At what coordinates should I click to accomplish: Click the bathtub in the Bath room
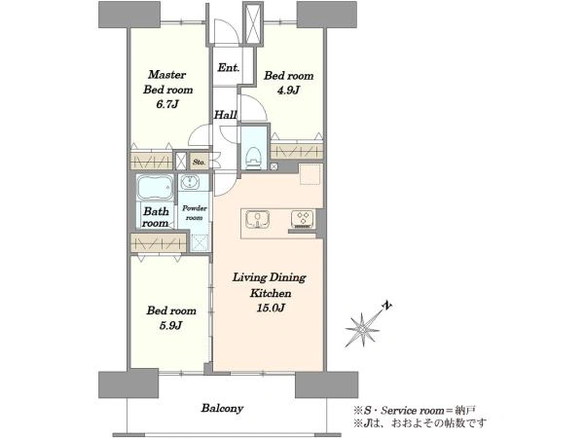click(155, 187)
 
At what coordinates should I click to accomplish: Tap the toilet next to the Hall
click(254, 158)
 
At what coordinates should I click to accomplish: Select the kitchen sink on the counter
click(257, 219)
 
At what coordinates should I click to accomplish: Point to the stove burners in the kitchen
click(303, 218)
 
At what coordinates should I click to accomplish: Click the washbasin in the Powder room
click(191, 183)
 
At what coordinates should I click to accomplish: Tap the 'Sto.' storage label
click(199, 163)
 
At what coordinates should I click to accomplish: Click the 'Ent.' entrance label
click(229, 68)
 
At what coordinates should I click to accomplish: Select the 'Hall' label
click(226, 115)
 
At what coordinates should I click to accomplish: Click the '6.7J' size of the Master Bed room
click(166, 104)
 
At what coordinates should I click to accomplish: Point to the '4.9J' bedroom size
click(288, 91)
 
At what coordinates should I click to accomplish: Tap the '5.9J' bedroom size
click(170, 325)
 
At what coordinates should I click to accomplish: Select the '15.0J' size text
click(271, 308)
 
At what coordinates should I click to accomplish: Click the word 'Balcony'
click(222, 408)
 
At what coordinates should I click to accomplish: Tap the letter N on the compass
click(387, 307)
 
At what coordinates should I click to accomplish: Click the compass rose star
click(363, 329)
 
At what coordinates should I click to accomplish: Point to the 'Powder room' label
click(195, 212)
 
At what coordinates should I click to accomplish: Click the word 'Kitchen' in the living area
click(271, 293)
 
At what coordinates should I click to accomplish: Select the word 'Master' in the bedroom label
click(166, 75)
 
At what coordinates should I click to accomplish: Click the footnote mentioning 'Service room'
click(415, 411)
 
